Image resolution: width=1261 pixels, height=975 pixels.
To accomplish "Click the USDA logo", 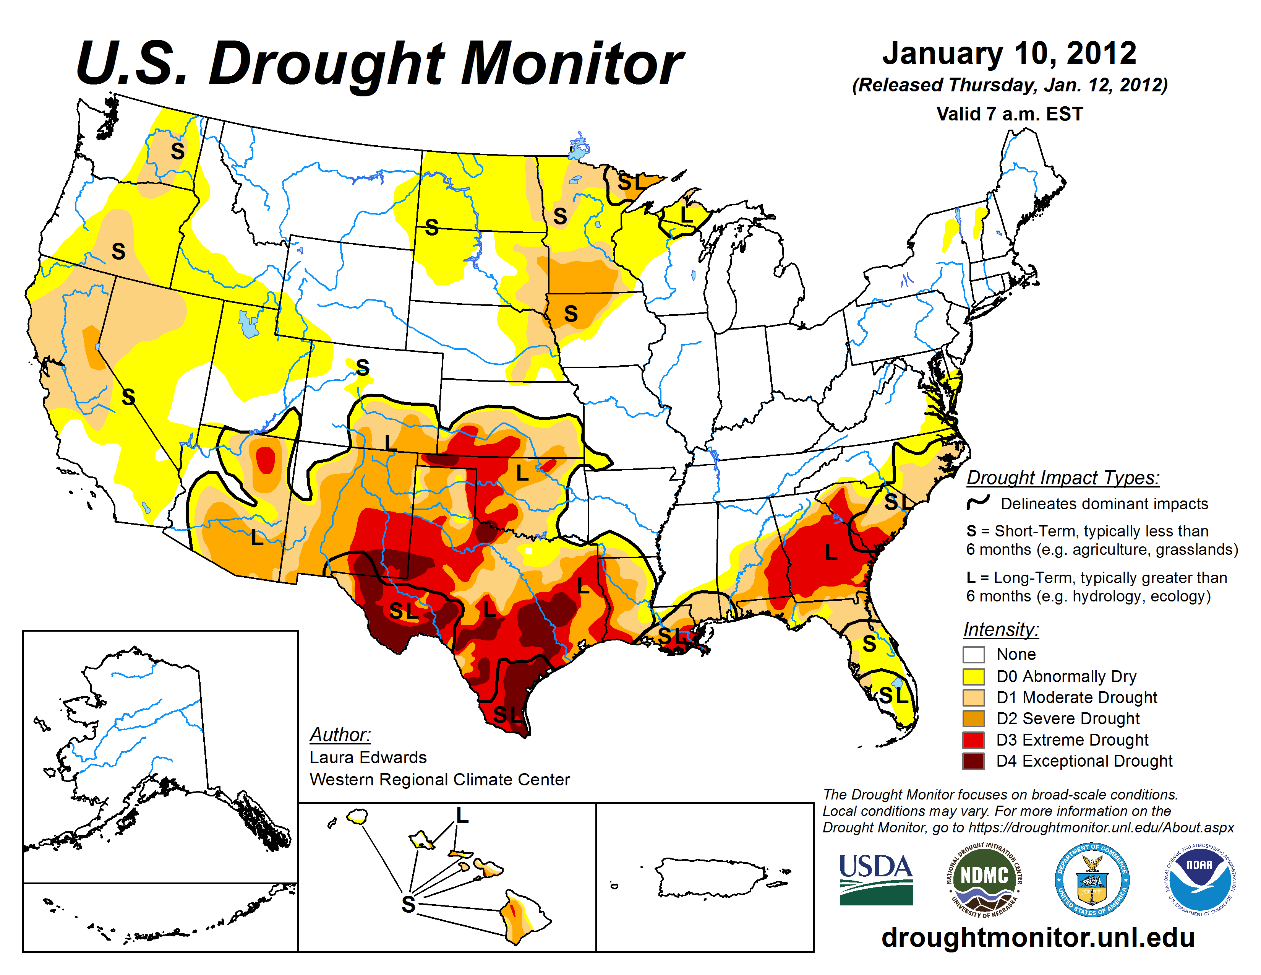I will [x=875, y=879].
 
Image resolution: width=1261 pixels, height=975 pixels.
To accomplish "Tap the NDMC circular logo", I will [x=984, y=879].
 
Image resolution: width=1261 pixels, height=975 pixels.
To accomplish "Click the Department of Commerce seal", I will [x=1092, y=879].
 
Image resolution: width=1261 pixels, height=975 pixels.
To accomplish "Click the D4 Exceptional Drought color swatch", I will [x=974, y=761].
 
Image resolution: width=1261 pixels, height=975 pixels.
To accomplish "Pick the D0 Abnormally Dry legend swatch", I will [x=974, y=676].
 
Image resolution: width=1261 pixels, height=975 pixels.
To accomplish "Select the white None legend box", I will [x=974, y=655].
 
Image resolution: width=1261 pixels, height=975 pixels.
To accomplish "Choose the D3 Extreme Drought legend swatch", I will [x=974, y=740].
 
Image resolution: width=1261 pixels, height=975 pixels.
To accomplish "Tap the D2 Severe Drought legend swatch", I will [x=974, y=718].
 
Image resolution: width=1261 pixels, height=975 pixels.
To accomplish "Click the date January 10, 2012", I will [x=1009, y=53].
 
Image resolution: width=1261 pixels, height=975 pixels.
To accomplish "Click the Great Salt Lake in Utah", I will [x=249, y=323].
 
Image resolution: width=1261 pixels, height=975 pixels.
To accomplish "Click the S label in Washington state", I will [x=177, y=151].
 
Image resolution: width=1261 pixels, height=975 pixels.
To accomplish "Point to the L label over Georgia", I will [x=831, y=552].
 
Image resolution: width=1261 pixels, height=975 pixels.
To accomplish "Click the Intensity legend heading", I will [x=1001, y=629].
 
